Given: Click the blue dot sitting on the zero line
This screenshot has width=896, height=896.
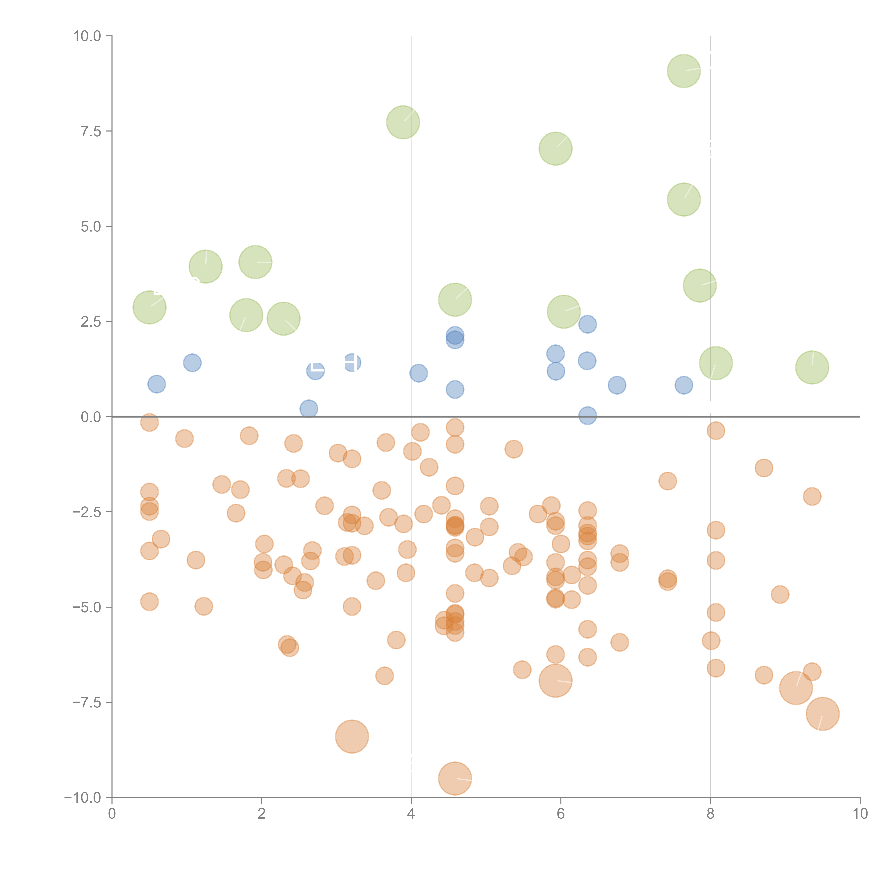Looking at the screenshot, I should tap(587, 416).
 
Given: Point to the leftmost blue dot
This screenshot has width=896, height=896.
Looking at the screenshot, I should tap(157, 384).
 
